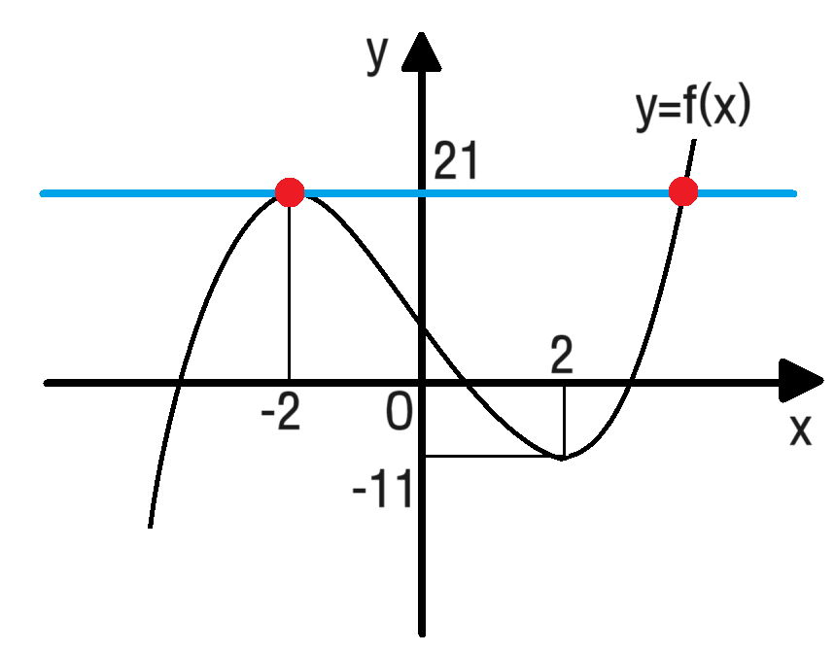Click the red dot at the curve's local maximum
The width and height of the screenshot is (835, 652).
click(x=290, y=192)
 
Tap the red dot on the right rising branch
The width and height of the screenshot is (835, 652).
click(x=683, y=191)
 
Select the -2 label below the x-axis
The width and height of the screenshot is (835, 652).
click(x=280, y=415)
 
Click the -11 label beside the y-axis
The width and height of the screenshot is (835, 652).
click(x=383, y=492)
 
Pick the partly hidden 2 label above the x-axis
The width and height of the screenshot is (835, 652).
click(x=562, y=356)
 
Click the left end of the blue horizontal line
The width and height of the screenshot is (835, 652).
click(x=44, y=193)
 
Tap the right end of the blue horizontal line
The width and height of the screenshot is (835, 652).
click(x=793, y=193)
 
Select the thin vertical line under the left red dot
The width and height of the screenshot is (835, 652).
click(x=290, y=292)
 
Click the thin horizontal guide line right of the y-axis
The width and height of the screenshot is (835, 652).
click(x=491, y=456)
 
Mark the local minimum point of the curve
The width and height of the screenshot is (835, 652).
click(x=562, y=458)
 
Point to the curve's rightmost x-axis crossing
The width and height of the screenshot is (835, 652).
click(x=632, y=384)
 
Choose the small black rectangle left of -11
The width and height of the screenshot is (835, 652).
click(x=376, y=452)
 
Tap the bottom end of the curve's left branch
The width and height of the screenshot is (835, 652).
click(x=149, y=527)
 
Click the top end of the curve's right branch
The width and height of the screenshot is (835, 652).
click(x=695, y=142)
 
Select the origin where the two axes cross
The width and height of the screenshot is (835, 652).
click(x=422, y=384)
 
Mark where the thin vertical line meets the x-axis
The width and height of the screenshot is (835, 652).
click(x=290, y=383)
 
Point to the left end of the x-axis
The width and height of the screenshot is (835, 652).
click(x=116, y=384)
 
